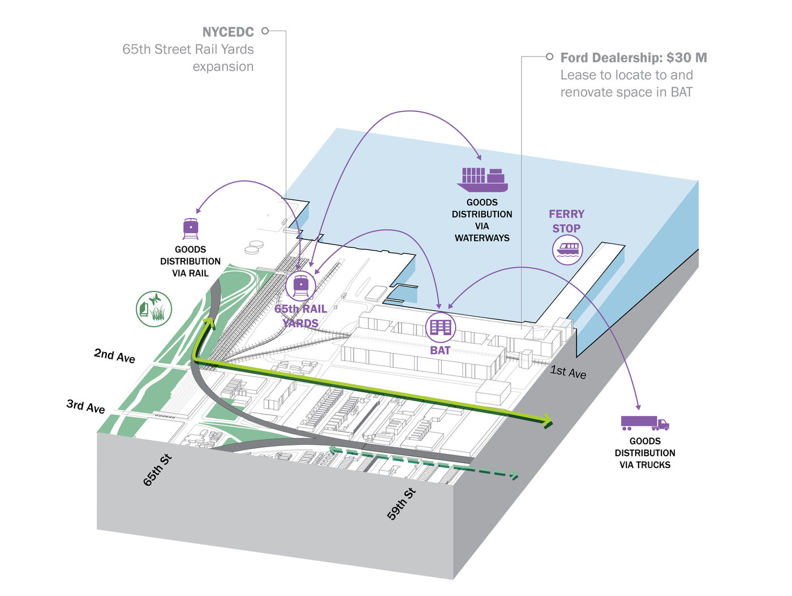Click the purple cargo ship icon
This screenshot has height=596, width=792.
[x=482, y=179]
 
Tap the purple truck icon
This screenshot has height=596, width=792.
[x=644, y=423]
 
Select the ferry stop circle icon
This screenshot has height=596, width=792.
[x=567, y=250]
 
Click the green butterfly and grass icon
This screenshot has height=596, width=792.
[x=153, y=309]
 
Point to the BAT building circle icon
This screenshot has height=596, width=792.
[x=440, y=327]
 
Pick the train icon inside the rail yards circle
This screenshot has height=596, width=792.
[x=300, y=285]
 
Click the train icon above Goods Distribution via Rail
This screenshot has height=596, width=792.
[x=191, y=229]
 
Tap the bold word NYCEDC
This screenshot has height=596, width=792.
[x=228, y=32]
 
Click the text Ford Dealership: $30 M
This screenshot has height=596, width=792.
[x=634, y=58]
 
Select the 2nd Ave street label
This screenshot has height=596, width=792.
[x=114, y=355]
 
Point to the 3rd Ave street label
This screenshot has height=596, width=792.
[x=86, y=406]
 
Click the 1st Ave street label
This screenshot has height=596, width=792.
[x=568, y=372]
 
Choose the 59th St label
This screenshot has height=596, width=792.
[x=401, y=504]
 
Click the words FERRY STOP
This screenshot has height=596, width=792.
[x=566, y=221]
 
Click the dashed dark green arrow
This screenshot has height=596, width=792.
[x=424, y=461]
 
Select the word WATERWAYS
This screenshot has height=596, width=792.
[x=482, y=238]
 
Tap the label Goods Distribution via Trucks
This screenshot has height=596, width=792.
[x=644, y=453]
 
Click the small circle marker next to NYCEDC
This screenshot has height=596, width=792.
[x=265, y=31]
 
